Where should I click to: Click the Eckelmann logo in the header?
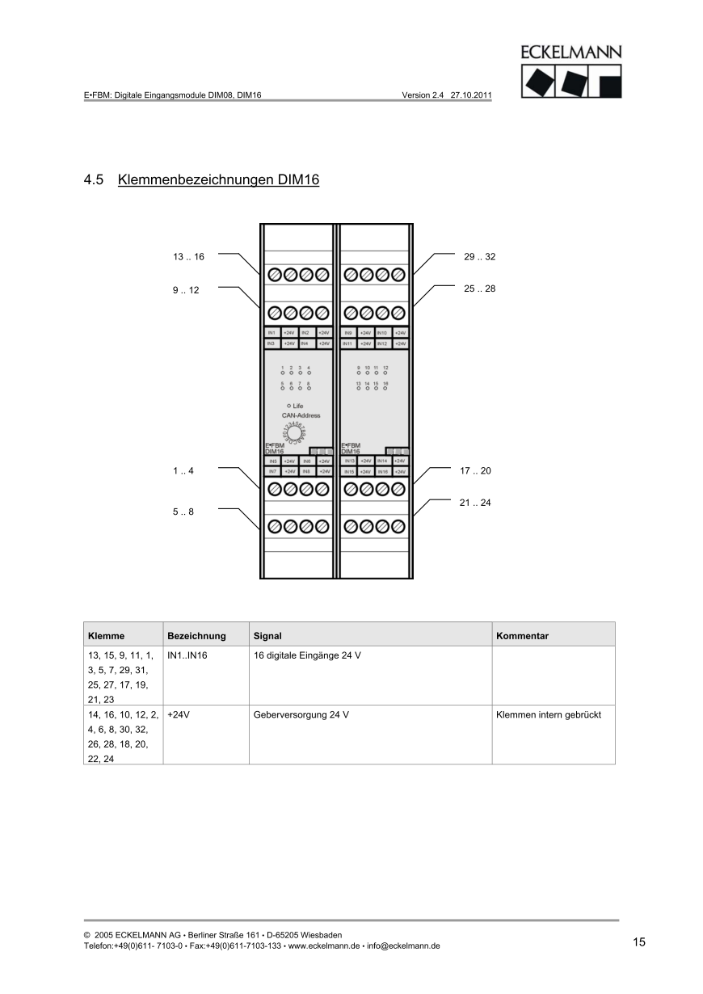pos(571,72)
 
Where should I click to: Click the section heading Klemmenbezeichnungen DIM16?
pos(218,179)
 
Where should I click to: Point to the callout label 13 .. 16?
pos(188,257)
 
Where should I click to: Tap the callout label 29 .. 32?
pos(479,257)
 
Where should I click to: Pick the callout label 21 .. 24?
pos(475,503)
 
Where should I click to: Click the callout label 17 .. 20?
pos(475,470)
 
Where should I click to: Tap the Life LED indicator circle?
pos(288,406)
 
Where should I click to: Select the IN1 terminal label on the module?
pos(272,333)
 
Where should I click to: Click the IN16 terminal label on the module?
pos(383,471)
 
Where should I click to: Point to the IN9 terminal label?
pos(348,333)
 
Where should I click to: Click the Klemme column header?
pos(106,636)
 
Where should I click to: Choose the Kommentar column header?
pos(522,636)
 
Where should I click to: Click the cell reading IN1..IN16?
pos(187,655)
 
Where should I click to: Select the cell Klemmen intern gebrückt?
pos(549,715)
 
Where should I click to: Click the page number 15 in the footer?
pos(639,942)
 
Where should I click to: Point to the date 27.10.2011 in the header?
pos(471,95)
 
